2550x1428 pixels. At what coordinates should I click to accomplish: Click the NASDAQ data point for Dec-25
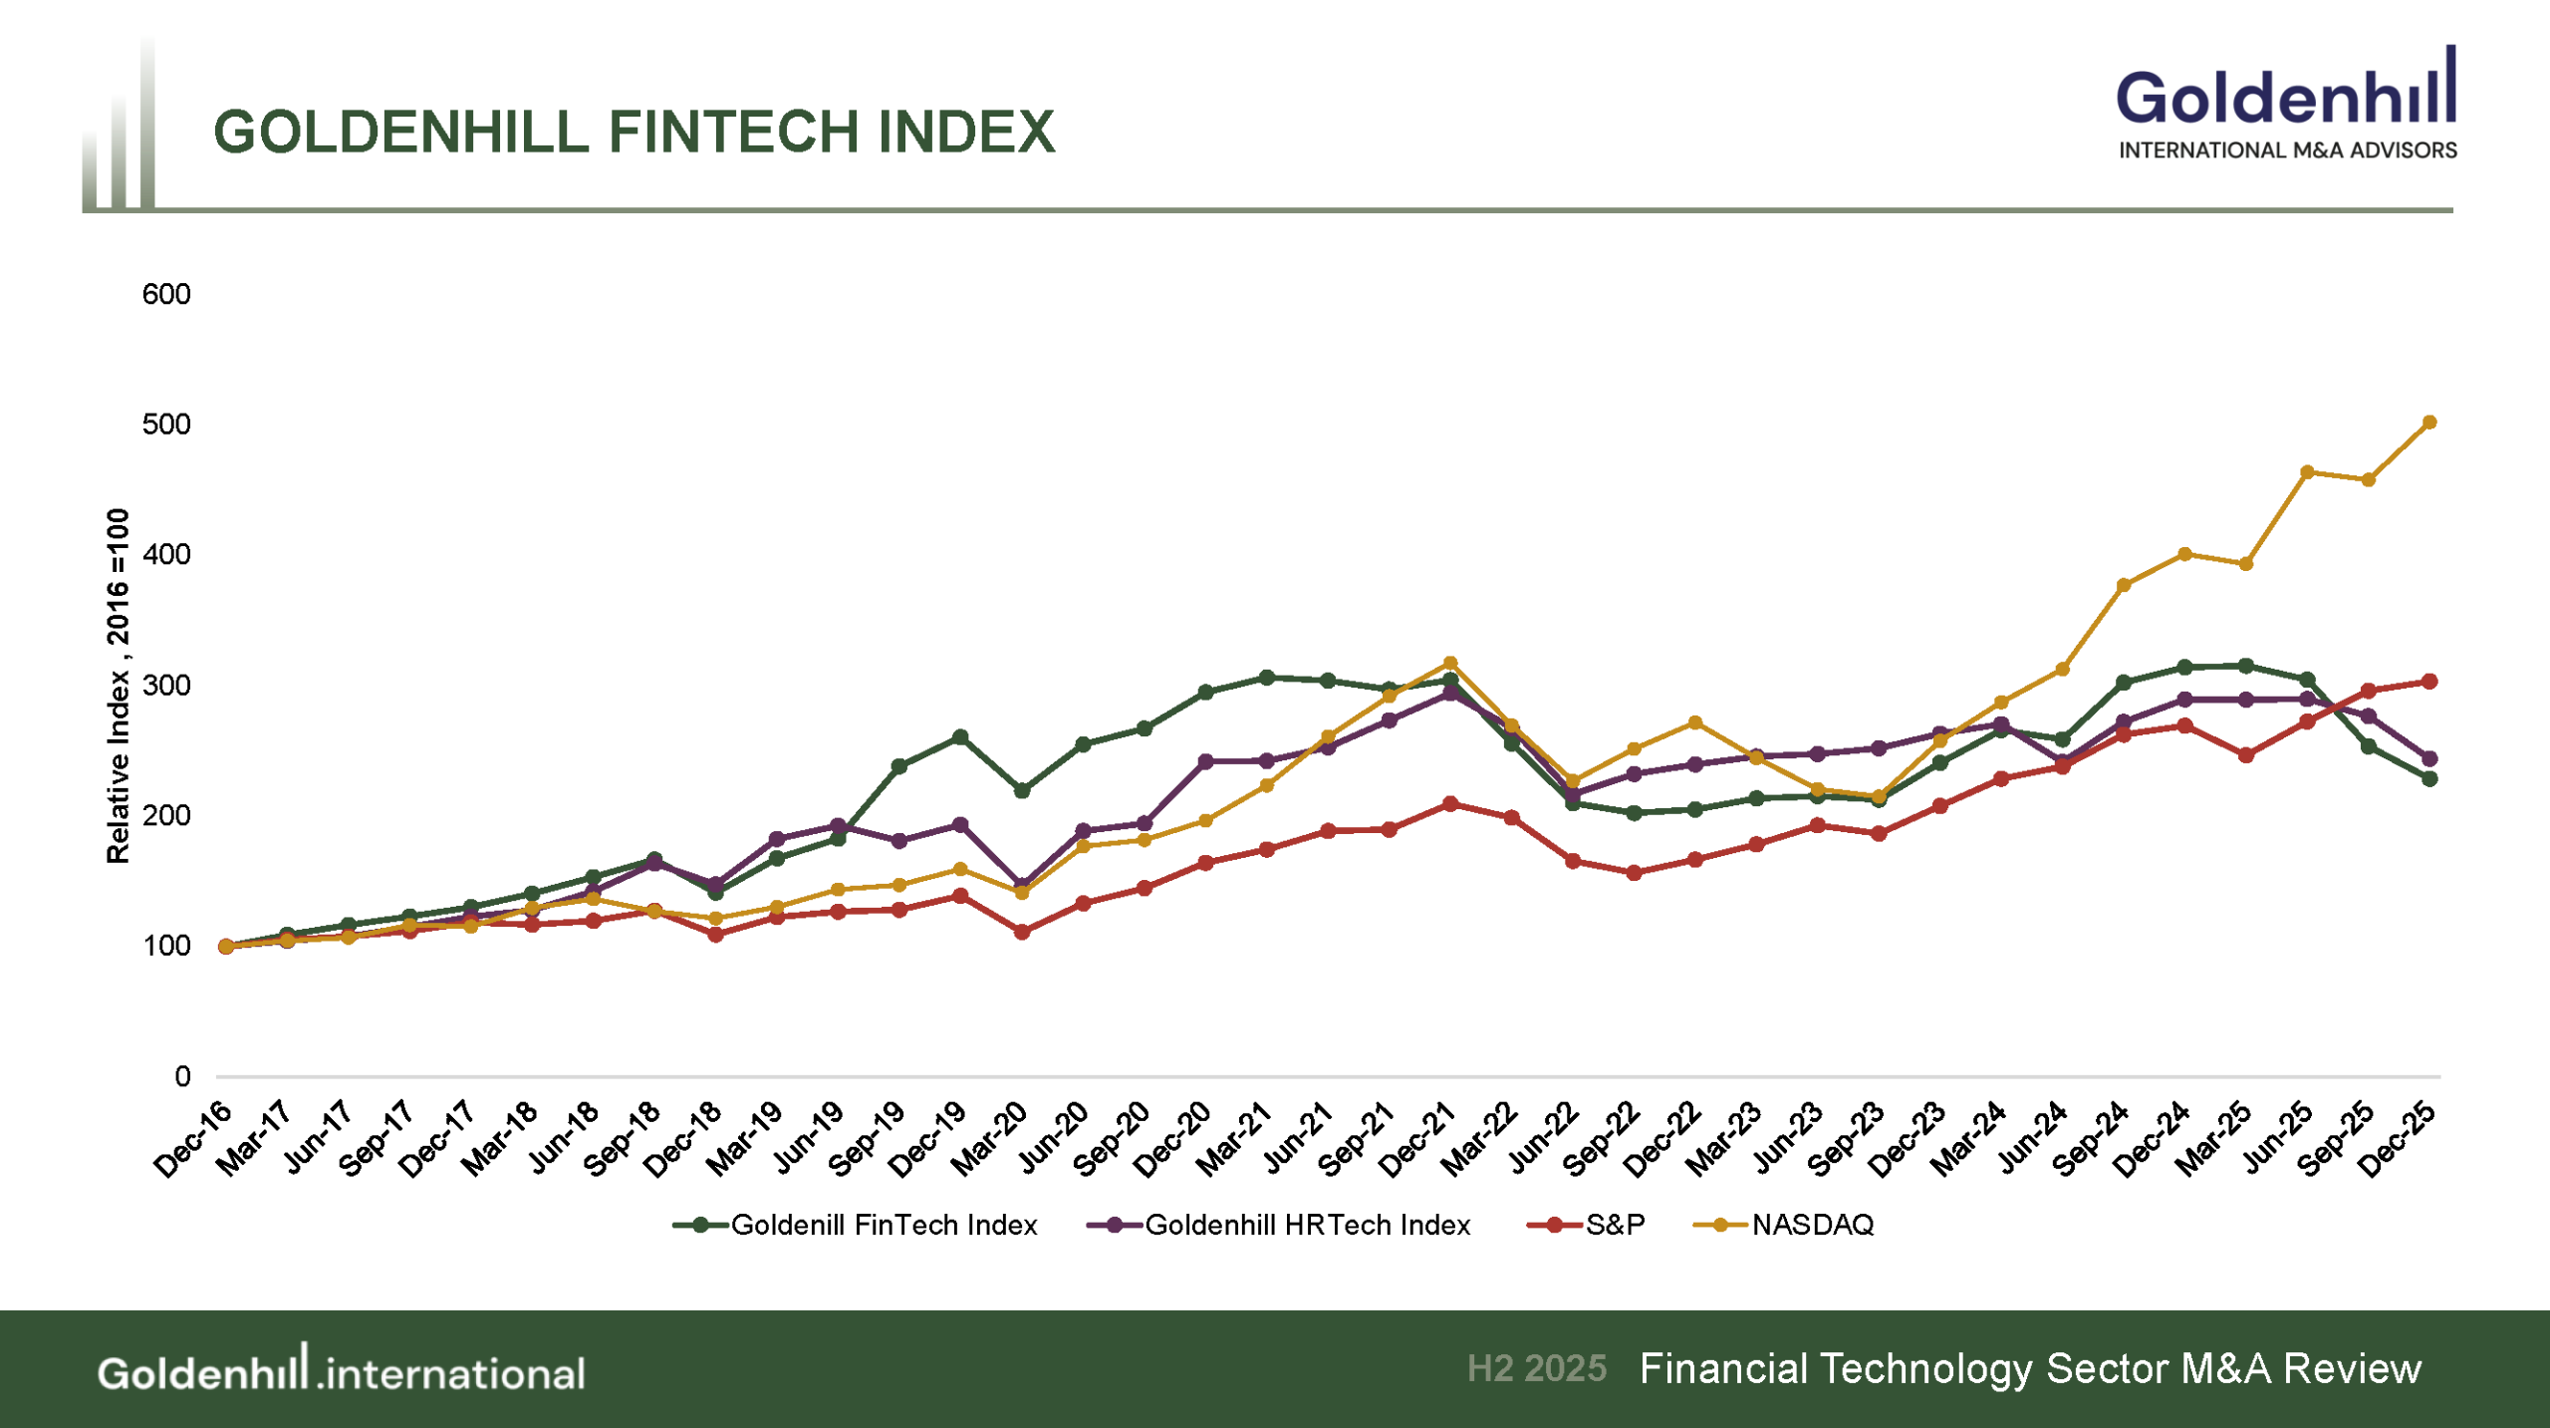coord(2429,423)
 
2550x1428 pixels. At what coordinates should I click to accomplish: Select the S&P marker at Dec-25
coord(2429,682)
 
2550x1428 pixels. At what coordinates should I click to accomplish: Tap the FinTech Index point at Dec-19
coord(960,737)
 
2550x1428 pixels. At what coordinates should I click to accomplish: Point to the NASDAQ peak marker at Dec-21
coord(1450,664)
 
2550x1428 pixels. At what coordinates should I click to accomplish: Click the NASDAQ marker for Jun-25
coord(2307,472)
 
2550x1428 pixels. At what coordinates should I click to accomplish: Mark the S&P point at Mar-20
coord(1022,932)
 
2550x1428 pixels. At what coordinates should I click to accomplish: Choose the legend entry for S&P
coord(1586,1225)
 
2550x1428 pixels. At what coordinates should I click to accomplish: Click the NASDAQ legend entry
coord(1783,1225)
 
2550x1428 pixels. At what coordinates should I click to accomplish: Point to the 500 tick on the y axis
coord(166,425)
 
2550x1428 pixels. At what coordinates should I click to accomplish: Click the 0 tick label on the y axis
coord(182,1076)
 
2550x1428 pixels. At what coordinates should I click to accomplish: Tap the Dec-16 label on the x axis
coord(192,1140)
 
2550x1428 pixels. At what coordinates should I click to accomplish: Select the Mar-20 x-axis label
coord(988,1140)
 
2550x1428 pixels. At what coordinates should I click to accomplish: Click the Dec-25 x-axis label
coord(2397,1140)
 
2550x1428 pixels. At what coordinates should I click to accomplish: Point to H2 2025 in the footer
coord(1536,1368)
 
